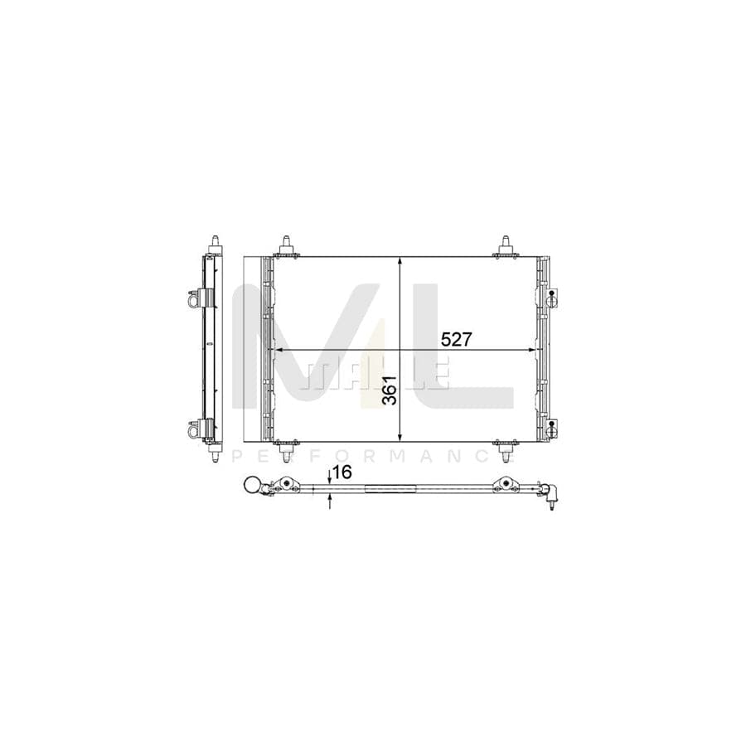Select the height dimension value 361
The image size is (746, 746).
[390, 389]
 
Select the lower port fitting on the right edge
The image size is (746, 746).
[551, 428]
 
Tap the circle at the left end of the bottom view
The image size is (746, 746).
[250, 487]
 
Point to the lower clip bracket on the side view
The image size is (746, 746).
[196, 429]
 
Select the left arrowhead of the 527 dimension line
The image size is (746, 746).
[279, 350]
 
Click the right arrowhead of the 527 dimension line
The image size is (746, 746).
[535, 350]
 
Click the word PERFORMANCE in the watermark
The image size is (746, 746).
[373, 457]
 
